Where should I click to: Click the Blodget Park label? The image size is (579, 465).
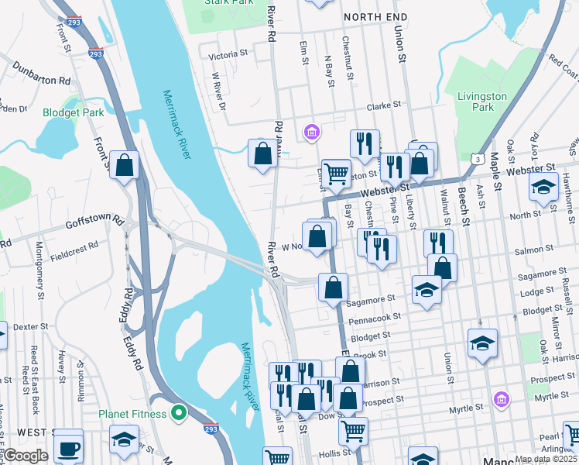pyautogui.click(x=73, y=112)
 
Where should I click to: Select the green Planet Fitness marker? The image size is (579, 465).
pyautogui.click(x=179, y=414)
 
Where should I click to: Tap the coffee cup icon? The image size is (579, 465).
pyautogui.click(x=68, y=447)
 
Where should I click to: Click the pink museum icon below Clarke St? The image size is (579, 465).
pyautogui.click(x=312, y=133)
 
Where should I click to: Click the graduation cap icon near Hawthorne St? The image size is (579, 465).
pyautogui.click(x=543, y=188)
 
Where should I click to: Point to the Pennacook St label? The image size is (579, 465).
pyautogui.click(x=375, y=317)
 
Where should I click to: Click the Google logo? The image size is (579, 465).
pyautogui.click(x=25, y=456)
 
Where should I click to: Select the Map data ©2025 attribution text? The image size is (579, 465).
pyautogui.click(x=546, y=459)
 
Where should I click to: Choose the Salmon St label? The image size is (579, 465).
pyautogui.click(x=539, y=250)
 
